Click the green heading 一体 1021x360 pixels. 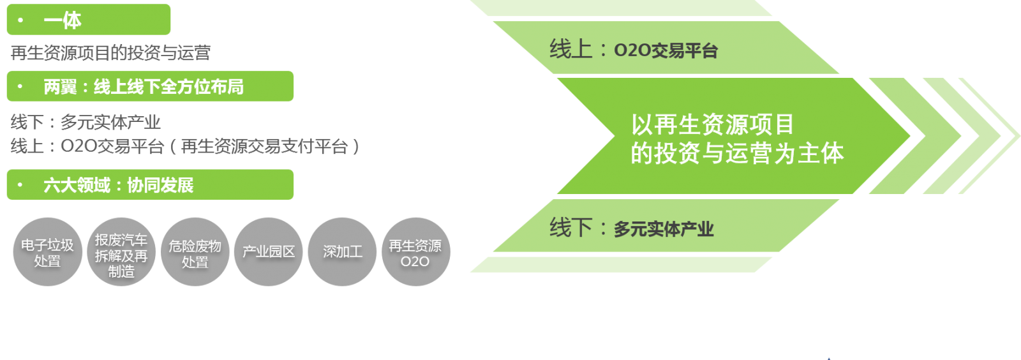tap(63, 20)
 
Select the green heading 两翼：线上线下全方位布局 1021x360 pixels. tap(144, 87)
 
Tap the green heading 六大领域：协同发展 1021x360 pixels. tap(119, 185)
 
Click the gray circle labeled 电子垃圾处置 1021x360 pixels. tap(47, 252)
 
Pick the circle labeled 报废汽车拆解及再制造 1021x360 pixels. tap(121, 252)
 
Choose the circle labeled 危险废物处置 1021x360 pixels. tap(195, 252)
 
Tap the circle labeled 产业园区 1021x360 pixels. tap(269, 252)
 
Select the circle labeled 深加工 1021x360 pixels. tap(343, 252)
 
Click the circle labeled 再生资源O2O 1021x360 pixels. tap(415, 252)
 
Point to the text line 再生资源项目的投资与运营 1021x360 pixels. tap(110, 53)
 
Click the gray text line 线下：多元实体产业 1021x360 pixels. tap(86, 122)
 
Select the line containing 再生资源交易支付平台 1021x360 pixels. tap(185, 147)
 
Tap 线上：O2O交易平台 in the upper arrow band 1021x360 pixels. tap(634, 50)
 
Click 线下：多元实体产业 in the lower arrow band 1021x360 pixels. tap(632, 228)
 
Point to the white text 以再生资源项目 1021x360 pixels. tap(712, 124)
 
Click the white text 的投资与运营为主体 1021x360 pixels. tap(737, 153)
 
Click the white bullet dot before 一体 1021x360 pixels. tap(21, 20)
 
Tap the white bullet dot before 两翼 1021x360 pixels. tap(21, 86)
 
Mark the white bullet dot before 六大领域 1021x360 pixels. tap(21, 185)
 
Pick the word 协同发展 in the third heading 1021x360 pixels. tap(160, 185)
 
